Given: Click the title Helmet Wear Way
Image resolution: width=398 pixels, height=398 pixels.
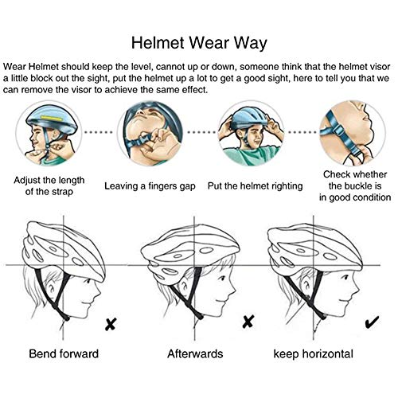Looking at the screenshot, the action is pos(199,43).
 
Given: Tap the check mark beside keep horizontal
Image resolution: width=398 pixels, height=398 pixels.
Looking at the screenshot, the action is pos(372,322).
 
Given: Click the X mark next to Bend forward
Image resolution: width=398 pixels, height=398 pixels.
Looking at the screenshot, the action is pos(111,324).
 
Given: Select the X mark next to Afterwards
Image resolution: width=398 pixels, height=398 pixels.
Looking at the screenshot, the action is pos(248,322).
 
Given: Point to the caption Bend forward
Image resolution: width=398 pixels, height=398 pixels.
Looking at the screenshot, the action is pos(64,353).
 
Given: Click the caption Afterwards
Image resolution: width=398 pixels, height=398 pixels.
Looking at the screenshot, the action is pos(195,353).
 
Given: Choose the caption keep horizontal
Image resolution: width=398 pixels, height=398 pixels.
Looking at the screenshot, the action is pos(314,354).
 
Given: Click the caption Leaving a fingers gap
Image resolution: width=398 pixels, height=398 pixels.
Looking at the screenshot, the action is pos(150,186).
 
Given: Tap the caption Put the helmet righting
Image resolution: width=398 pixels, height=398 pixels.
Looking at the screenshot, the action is pos(255,186).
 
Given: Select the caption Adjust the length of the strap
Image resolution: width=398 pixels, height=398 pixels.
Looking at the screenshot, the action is pos(49,185).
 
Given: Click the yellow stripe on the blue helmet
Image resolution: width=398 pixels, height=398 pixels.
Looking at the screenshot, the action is pos(53,117).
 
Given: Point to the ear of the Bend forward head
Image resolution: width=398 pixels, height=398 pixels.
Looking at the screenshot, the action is pos(50,288).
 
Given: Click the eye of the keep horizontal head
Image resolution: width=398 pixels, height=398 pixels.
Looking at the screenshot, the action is pos(345,278).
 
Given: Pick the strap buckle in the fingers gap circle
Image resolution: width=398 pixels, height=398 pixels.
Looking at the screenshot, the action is pos(146,139).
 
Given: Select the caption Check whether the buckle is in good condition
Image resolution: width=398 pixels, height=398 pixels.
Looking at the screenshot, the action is pos(355,186).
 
